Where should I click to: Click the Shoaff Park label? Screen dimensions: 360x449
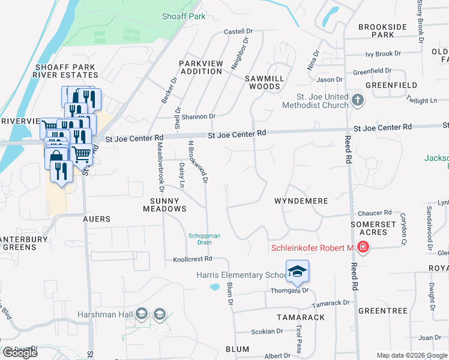184,16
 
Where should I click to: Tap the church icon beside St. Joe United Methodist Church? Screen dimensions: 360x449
358,99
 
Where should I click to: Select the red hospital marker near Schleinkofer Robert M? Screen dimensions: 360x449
363,247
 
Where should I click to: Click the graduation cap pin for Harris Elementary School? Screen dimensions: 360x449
297,272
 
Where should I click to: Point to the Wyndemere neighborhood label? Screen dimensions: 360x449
301,201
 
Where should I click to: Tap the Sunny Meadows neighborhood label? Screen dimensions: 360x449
164,205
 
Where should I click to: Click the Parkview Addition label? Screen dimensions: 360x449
201,67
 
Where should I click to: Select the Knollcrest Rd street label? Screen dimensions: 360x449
193,259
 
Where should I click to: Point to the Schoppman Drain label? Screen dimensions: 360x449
205,239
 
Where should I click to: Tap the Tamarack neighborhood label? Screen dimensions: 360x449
301,317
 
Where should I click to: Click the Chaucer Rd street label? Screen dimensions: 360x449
374,213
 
